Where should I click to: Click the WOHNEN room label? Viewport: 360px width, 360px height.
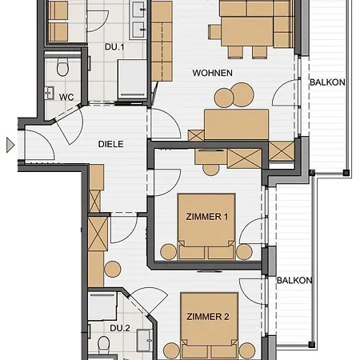pyautogui.click(x=213, y=73)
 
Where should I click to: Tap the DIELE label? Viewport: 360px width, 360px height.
pyautogui.click(x=111, y=144)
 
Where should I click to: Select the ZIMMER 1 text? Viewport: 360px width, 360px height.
pyautogui.click(x=207, y=217)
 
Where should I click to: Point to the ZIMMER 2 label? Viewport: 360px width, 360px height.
pyautogui.click(x=208, y=317)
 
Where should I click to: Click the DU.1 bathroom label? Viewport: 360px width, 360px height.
pyautogui.click(x=114, y=47)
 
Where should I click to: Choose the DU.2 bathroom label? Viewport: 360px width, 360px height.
pyautogui.click(x=120, y=328)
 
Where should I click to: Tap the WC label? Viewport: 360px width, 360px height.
pyautogui.click(x=66, y=97)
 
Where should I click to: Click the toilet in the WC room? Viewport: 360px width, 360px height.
pyautogui.click(x=62, y=67)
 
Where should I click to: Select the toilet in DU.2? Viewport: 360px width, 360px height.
pyautogui.click(x=103, y=344)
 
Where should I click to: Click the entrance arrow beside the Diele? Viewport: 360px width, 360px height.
pyautogui.click(x=10, y=145)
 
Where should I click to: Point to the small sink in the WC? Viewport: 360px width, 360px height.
pyautogui.click(x=50, y=93)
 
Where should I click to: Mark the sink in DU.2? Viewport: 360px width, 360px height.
pyautogui.click(x=145, y=341)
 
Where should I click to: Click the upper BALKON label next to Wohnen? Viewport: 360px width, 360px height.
pyautogui.click(x=327, y=82)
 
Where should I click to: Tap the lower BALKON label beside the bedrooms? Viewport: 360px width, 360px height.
pyautogui.click(x=294, y=280)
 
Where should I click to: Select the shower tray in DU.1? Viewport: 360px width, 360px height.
pyautogui.click(x=132, y=78)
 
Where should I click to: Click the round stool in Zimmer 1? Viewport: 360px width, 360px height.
pyautogui.click(x=210, y=170)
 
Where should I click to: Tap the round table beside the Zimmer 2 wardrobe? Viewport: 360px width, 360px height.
pyautogui.click(x=113, y=269)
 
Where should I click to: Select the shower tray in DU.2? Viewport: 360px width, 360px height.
pyautogui.click(x=102, y=306)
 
